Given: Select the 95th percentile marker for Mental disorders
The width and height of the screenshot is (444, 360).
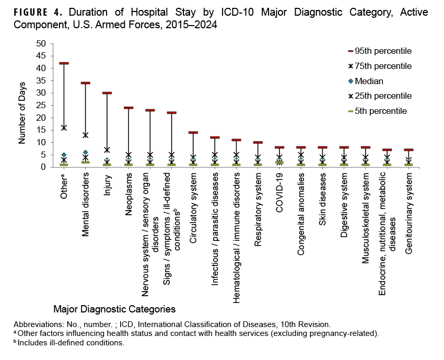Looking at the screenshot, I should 85,83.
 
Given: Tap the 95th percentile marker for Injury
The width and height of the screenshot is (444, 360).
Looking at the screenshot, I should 107,93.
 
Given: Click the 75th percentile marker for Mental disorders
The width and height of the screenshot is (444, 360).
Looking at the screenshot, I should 85,135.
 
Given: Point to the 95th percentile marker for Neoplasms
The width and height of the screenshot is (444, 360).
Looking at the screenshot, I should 128,108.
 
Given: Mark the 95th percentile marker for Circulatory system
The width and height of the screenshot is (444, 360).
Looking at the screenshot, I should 193,133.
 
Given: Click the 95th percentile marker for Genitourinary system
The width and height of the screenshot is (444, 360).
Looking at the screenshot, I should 408,150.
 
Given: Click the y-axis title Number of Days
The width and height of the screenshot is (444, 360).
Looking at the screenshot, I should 22,105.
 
